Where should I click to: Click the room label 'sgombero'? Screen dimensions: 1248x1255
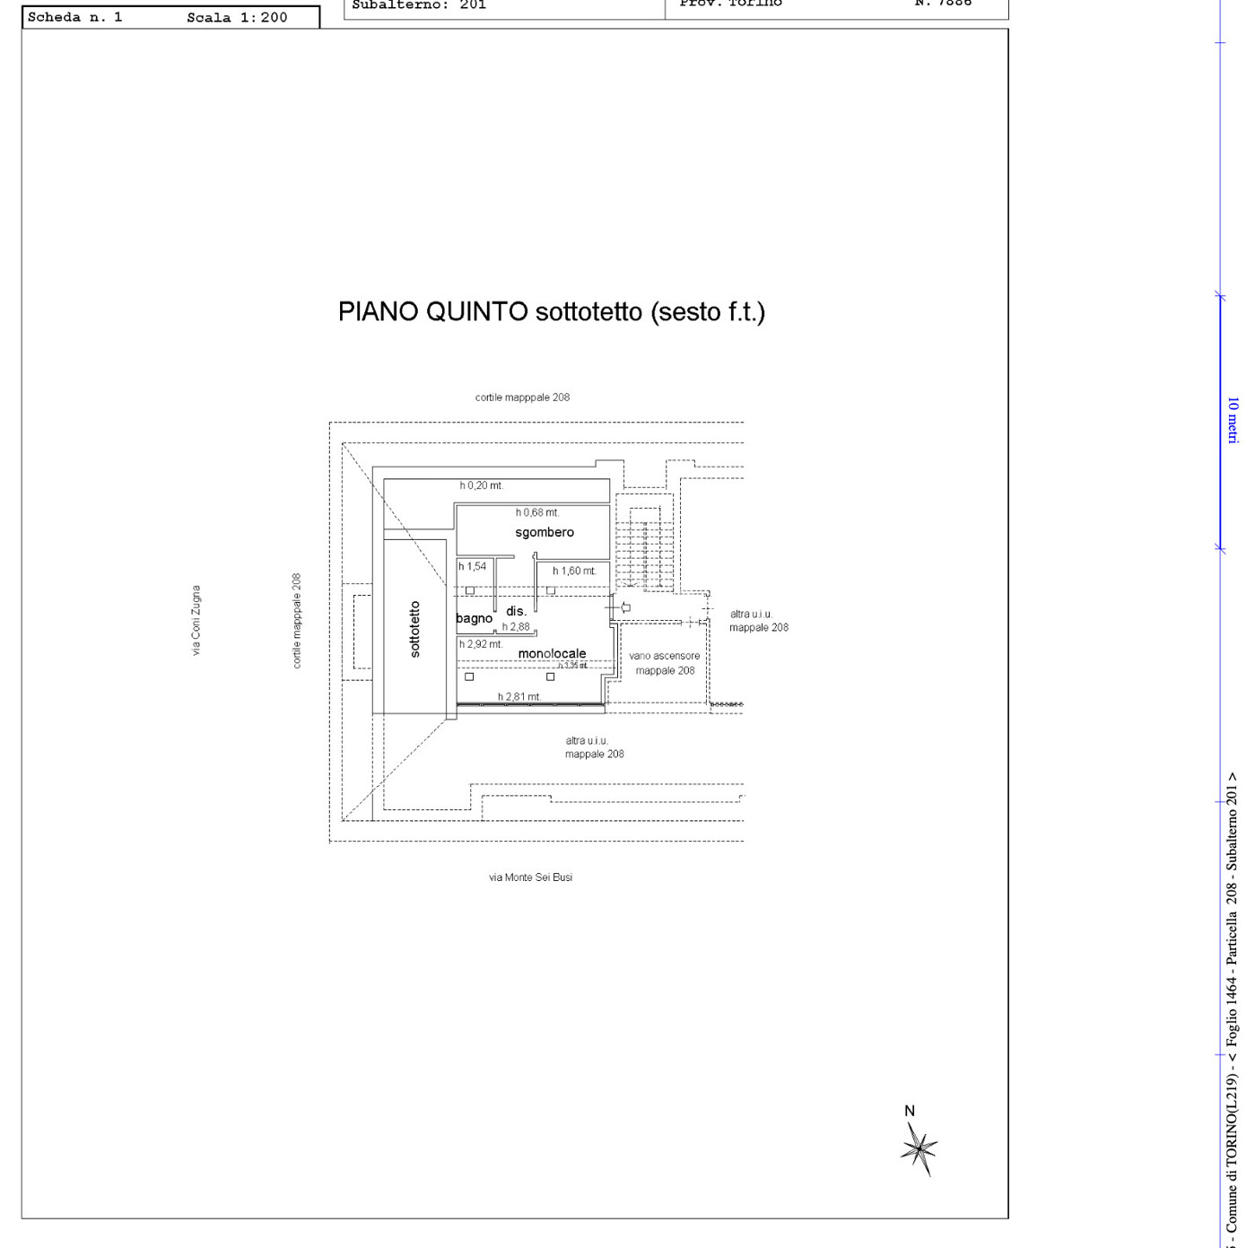click(x=545, y=532)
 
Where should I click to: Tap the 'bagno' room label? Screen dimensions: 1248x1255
click(x=474, y=618)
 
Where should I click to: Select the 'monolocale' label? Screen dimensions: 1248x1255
click(x=552, y=653)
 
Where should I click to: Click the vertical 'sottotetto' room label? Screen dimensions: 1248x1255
click(x=414, y=629)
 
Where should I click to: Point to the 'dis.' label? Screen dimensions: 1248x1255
click(x=516, y=611)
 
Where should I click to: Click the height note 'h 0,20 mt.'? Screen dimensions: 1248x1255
click(x=482, y=485)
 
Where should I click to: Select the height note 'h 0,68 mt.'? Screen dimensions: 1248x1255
click(x=537, y=512)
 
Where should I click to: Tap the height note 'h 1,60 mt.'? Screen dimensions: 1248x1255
click(x=574, y=571)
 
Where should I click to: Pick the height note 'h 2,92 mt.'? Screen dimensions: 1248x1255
click(x=481, y=644)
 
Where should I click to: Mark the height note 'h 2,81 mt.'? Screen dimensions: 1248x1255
click(x=519, y=697)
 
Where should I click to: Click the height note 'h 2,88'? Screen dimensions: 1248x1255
click(x=516, y=627)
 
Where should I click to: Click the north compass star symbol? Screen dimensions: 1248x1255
click(x=919, y=1149)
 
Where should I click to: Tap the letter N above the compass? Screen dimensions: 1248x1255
click(x=910, y=1111)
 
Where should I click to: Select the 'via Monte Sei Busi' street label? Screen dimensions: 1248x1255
click(x=530, y=877)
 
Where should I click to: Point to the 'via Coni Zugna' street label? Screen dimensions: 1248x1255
click(x=196, y=620)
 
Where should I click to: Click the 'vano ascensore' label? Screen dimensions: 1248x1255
click(x=664, y=656)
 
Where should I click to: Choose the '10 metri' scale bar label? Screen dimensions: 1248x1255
click(x=1233, y=420)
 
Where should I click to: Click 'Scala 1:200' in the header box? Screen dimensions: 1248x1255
click(x=237, y=17)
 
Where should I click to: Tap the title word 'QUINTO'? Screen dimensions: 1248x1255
click(x=476, y=311)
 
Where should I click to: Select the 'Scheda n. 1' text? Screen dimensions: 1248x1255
click(x=74, y=17)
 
